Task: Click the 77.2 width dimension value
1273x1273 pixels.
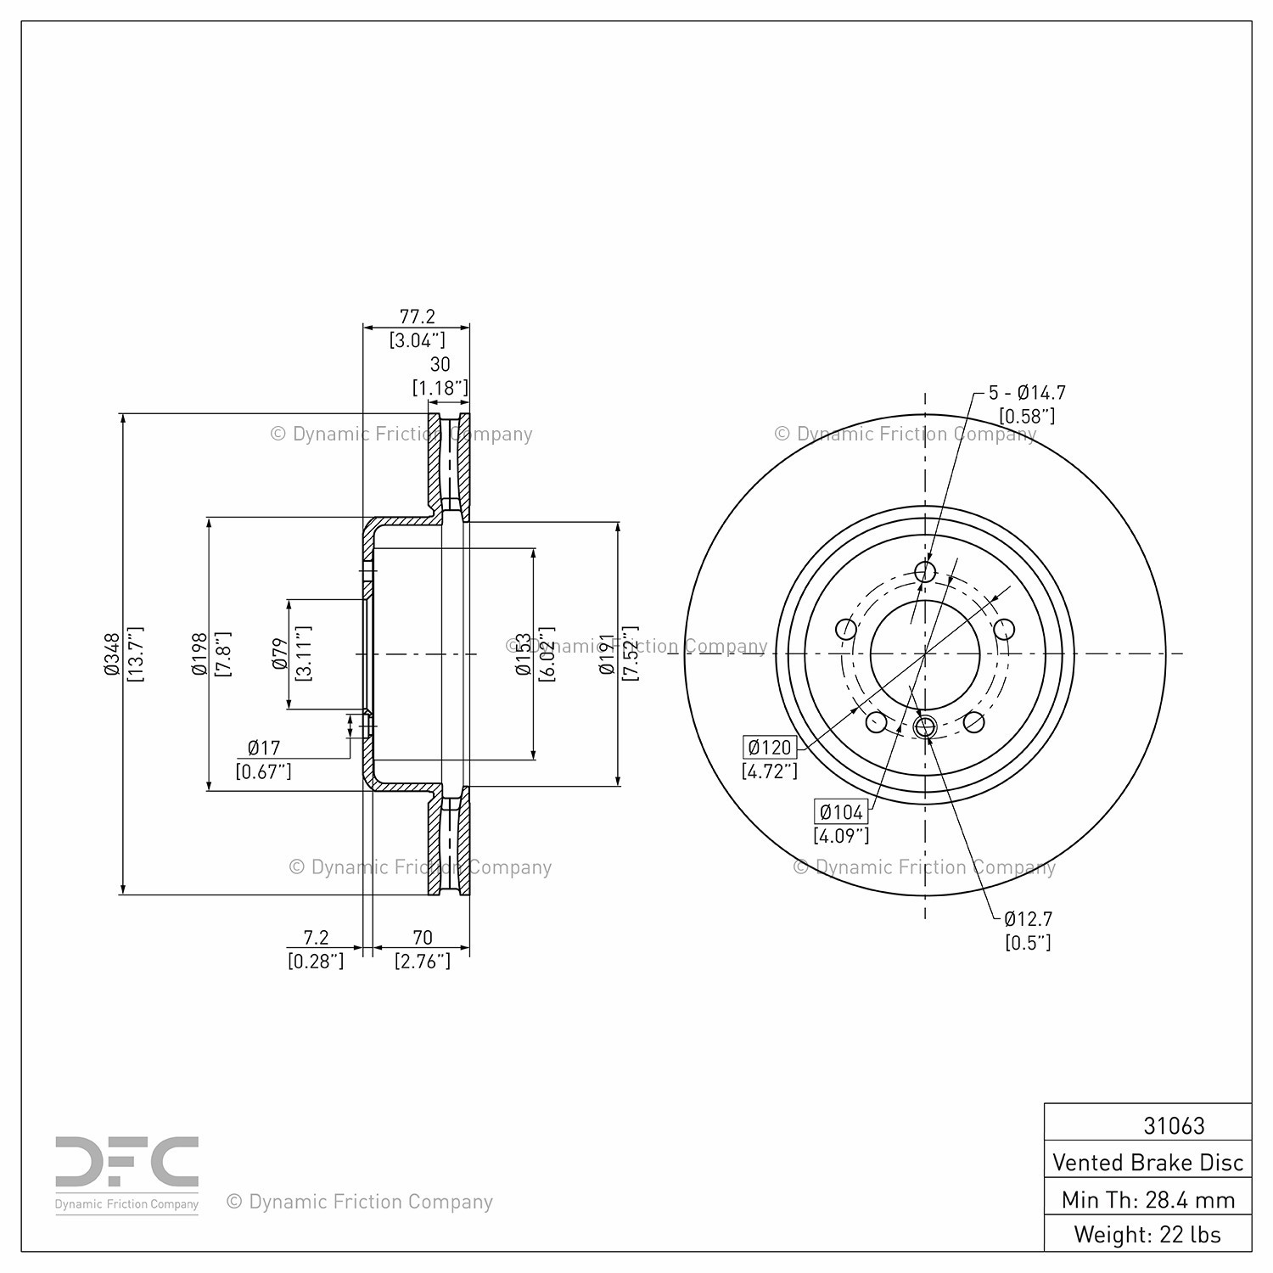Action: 417,317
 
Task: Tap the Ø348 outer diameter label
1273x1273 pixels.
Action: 110,654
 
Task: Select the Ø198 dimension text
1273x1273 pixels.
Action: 199,653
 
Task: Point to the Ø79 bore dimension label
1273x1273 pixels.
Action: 280,653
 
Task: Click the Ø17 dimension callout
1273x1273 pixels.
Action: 264,748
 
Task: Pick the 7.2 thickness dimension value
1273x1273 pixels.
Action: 316,937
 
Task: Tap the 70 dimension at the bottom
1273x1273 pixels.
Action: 422,937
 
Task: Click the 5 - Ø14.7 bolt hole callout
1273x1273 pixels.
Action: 1027,393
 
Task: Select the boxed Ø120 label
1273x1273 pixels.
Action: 770,747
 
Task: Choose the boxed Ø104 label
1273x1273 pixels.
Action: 841,811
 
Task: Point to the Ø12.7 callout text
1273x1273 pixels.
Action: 1028,918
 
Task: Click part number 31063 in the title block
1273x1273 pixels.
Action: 1174,1125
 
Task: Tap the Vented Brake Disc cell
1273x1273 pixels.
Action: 1147,1162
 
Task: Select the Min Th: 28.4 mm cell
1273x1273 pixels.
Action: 1147,1199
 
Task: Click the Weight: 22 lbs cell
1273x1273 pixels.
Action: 1147,1234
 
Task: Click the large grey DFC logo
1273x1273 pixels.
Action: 127,1162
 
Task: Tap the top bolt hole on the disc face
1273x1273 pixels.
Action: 925,571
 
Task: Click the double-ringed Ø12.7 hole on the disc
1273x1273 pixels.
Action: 925,726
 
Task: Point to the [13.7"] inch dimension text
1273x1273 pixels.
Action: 136,654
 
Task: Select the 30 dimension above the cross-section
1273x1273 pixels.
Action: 440,364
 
